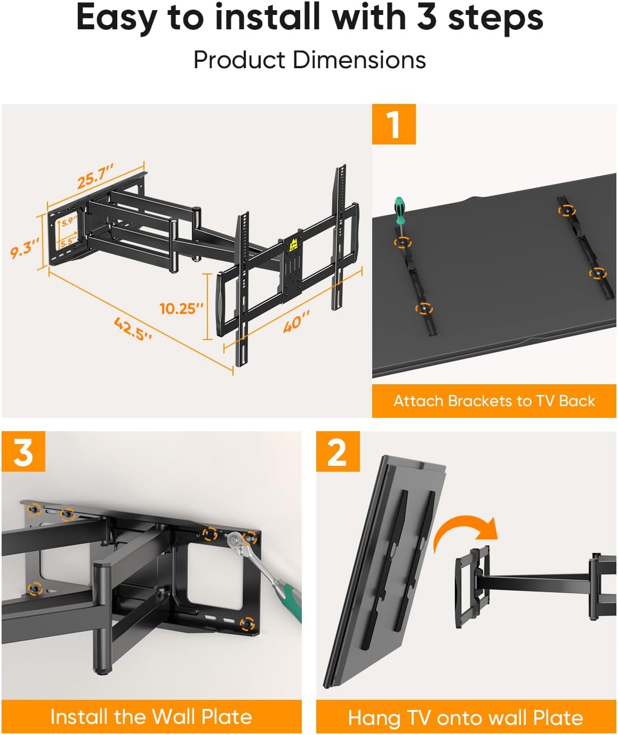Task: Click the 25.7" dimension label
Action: (x=95, y=176)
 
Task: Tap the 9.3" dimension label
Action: (x=25, y=248)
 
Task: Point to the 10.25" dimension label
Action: (x=181, y=309)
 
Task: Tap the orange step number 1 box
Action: (x=394, y=124)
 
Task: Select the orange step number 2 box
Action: (x=338, y=452)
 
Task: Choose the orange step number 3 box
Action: (x=23, y=452)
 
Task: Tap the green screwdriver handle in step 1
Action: (x=398, y=207)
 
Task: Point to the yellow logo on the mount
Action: (x=293, y=246)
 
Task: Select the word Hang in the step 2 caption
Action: (x=374, y=717)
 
